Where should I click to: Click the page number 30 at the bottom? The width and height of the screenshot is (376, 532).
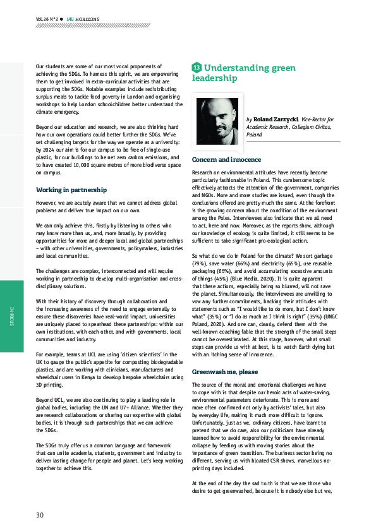[40, 515]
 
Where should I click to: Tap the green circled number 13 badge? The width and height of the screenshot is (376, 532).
[197, 68]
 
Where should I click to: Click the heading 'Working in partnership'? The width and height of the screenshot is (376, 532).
[71, 190]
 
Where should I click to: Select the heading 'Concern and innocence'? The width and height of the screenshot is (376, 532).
[226, 160]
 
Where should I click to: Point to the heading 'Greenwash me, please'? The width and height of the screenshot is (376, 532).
[224, 372]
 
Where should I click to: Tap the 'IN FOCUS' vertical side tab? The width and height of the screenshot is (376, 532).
[12, 316]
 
